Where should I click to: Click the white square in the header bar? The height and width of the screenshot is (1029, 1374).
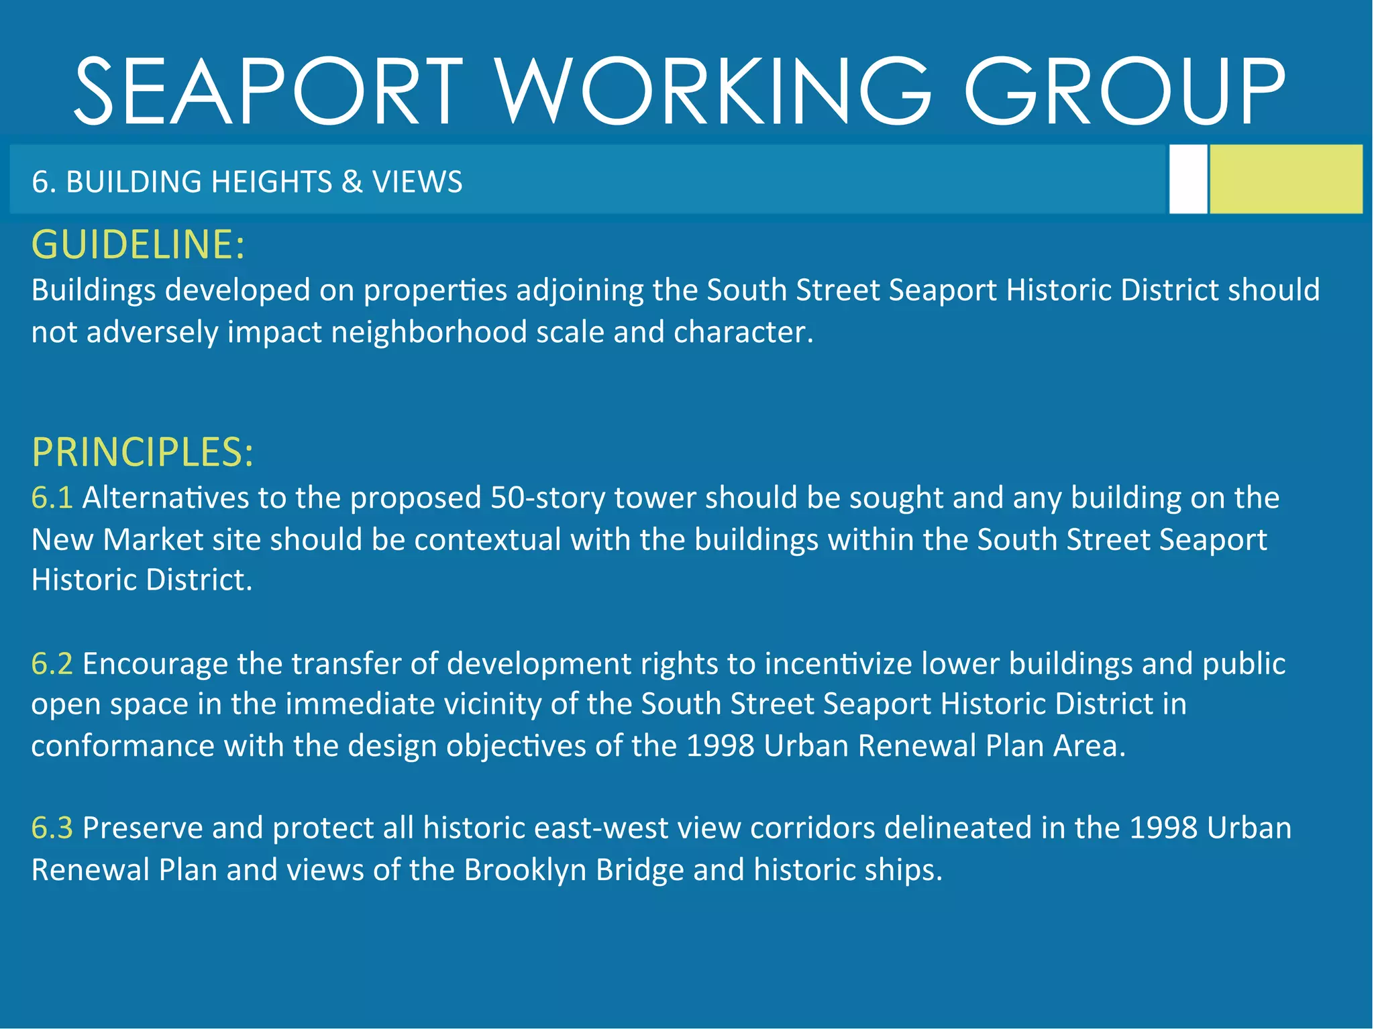(1187, 179)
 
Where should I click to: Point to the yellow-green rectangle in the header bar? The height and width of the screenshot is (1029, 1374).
(1285, 179)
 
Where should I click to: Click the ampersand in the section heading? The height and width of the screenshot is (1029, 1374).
(352, 182)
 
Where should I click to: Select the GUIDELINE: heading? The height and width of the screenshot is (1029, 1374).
(138, 244)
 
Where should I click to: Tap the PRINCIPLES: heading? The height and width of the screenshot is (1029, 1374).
(142, 452)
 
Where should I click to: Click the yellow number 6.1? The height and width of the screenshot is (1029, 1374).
(52, 498)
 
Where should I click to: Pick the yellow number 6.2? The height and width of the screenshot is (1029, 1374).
(52, 663)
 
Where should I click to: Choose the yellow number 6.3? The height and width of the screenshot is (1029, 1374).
(52, 828)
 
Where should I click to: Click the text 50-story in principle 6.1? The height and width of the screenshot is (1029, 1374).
(547, 498)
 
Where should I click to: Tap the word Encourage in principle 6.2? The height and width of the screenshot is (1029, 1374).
(155, 663)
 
